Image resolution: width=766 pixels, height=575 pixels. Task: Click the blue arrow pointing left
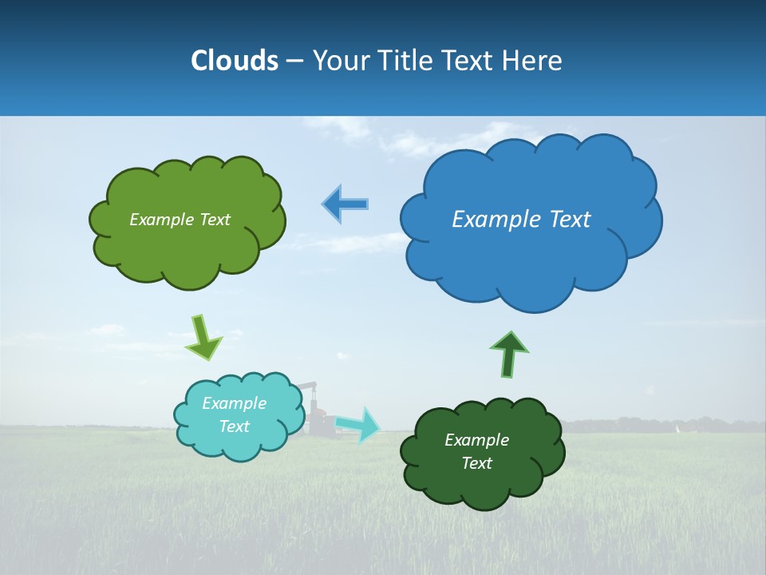(345, 204)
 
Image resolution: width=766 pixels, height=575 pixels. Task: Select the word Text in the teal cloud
(234, 426)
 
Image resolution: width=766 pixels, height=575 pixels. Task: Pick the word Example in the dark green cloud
(476, 440)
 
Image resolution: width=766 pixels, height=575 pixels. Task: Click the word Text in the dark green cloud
(476, 463)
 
